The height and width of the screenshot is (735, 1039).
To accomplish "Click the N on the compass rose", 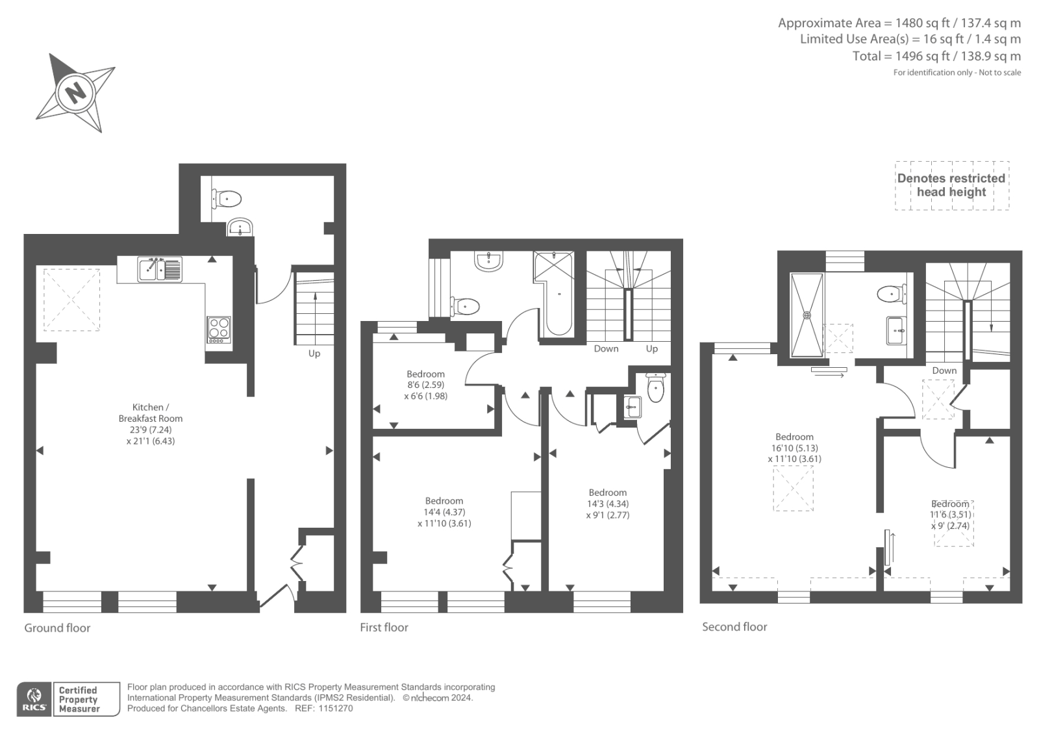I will pos(76,92).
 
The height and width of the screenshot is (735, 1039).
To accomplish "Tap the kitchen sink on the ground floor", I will pos(160,269).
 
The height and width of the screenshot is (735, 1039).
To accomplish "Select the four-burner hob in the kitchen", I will pos(219,329).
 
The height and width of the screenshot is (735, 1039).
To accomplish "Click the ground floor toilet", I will pos(227,198).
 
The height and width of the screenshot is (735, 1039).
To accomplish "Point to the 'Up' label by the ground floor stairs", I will pos(314,354).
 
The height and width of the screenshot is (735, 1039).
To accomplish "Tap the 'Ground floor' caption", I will pos(57,628).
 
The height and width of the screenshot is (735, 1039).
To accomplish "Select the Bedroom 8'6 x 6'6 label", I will pos(425,385).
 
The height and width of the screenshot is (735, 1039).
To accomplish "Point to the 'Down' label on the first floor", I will pos(606,349).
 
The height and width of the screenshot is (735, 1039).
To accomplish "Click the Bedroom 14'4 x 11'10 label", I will pos(444,511).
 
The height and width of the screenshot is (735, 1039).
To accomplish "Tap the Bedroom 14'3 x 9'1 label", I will pos(607,504).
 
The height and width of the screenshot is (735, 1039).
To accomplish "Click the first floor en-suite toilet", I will pos(656,389).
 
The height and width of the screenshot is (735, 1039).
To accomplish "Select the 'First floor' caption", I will pos(384,627).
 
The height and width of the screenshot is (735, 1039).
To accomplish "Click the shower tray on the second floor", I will pos(807,315).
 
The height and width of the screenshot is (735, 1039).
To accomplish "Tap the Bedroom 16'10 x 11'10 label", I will pos(794,447).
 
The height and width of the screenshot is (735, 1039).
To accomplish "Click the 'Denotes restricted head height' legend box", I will pos(951,185).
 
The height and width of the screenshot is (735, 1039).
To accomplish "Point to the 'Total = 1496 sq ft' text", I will pos(936,57).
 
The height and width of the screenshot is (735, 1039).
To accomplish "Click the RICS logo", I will pos(34,699).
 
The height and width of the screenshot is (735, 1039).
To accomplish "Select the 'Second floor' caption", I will pos(734,627).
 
